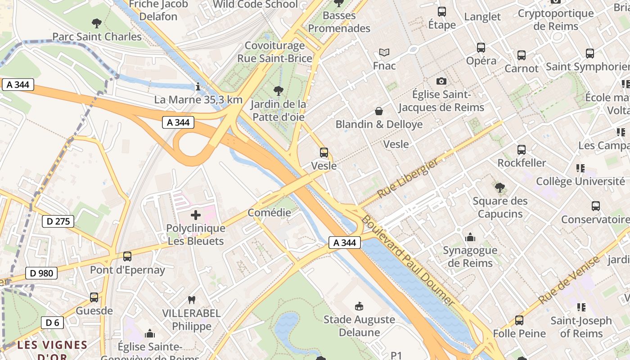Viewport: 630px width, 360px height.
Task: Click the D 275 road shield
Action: coord(58,221)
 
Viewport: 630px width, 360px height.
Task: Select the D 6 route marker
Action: coord(52,322)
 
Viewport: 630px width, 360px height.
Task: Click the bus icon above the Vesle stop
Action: coord(324,153)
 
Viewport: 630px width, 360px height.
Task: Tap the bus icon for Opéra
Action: coord(481,48)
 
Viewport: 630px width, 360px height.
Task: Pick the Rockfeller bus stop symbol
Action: coord(522,150)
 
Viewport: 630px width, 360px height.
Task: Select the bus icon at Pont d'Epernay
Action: coord(127,256)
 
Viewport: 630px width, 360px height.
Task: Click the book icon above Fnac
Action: coord(384,53)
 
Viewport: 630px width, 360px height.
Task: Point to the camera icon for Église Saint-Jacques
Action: coord(441,81)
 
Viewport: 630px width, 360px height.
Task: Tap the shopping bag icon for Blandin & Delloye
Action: coord(379,111)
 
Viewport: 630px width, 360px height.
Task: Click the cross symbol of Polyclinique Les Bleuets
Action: coord(196,215)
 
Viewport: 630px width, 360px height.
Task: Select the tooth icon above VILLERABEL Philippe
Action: coord(191,300)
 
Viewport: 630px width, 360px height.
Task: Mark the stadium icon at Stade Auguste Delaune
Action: coord(359,306)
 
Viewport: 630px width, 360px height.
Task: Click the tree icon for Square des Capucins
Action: coord(499,188)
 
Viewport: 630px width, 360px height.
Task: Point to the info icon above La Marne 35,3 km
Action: coord(198,86)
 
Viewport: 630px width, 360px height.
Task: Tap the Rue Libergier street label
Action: coord(408,179)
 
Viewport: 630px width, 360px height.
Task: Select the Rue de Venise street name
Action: coord(569,279)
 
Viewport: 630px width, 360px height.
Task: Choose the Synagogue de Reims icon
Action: coord(470,237)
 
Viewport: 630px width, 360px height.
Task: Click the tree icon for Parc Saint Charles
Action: coord(96,23)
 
